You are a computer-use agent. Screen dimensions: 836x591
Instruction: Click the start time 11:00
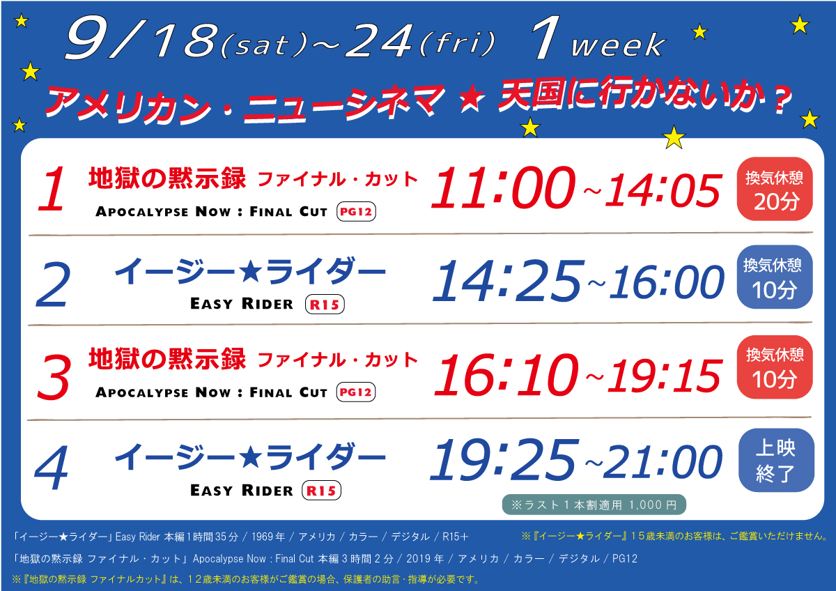click(503, 187)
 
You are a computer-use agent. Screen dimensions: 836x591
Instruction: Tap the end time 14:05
click(663, 190)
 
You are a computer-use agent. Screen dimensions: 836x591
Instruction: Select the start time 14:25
click(508, 280)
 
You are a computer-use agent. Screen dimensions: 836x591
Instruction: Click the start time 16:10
click(506, 374)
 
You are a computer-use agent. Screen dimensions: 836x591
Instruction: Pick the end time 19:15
click(665, 376)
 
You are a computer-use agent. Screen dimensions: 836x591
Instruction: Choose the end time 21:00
click(663, 462)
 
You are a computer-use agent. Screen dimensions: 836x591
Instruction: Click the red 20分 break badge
click(775, 189)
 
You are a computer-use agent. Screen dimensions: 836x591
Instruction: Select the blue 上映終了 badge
click(776, 460)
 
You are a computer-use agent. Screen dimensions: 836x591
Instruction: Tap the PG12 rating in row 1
click(356, 212)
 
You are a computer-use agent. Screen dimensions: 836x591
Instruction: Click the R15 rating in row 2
click(325, 305)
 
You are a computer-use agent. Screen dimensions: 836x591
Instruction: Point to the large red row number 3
click(54, 377)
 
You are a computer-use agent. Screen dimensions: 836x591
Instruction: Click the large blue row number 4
click(52, 468)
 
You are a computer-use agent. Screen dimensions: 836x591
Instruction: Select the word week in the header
click(618, 45)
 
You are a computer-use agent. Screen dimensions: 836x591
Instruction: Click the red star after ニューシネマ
click(472, 98)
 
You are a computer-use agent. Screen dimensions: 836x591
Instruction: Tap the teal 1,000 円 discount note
click(594, 505)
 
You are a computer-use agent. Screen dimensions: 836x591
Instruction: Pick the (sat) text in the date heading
click(264, 45)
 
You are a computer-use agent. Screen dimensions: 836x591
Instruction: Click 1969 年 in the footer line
click(268, 537)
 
